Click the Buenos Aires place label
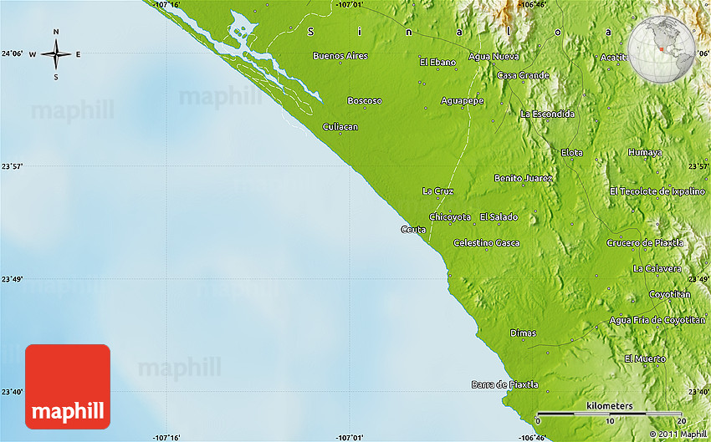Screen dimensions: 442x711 [x=340, y=56]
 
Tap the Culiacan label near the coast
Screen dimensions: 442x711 [x=340, y=126]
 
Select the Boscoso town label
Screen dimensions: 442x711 [x=365, y=100]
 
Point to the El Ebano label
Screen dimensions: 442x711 [x=437, y=62]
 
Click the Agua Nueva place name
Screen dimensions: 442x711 [x=494, y=56]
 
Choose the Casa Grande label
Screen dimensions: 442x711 [x=523, y=75]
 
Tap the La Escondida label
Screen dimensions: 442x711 [x=547, y=114]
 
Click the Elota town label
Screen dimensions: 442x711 [x=571, y=152]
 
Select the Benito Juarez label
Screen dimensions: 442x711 [x=523, y=178]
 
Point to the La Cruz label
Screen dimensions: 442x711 [x=437, y=191]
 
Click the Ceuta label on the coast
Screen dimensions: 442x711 [x=413, y=229]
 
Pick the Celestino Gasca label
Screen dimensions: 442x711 [x=486, y=242]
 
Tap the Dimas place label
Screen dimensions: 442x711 [x=523, y=333]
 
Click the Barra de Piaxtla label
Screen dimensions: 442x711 [x=504, y=384]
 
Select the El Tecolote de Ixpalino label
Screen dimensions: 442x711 [x=657, y=191]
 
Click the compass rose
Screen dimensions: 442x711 [x=56, y=54]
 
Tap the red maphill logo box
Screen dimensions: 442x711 [x=68, y=386]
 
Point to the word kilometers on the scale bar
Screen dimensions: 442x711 [x=610, y=405]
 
